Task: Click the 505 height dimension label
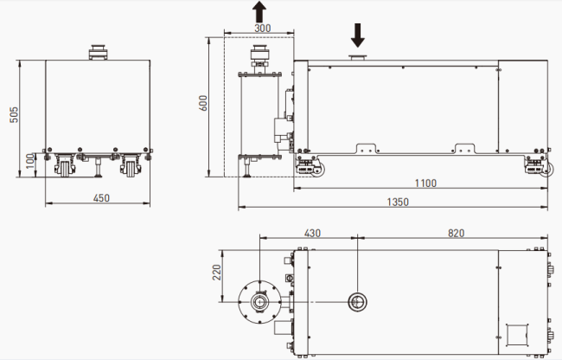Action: (x=14, y=115)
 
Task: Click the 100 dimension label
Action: (x=30, y=161)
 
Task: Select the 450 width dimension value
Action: (x=101, y=198)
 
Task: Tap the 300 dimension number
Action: (x=263, y=28)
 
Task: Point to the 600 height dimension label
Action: (x=203, y=103)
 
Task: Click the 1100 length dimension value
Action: (x=425, y=183)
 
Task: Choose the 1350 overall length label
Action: (x=398, y=202)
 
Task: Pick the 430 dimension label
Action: (x=312, y=234)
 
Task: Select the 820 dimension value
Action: (x=457, y=234)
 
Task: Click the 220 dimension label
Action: (x=217, y=273)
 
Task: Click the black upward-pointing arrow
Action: (x=259, y=11)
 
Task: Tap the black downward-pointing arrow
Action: (x=358, y=35)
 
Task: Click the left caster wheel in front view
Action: (x=65, y=166)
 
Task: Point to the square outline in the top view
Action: (x=517, y=335)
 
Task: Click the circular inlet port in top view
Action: (x=358, y=302)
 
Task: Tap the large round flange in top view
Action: (x=259, y=302)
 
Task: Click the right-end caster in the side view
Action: (x=539, y=166)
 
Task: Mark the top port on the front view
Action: (x=97, y=52)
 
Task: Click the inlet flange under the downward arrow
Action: (x=358, y=57)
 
